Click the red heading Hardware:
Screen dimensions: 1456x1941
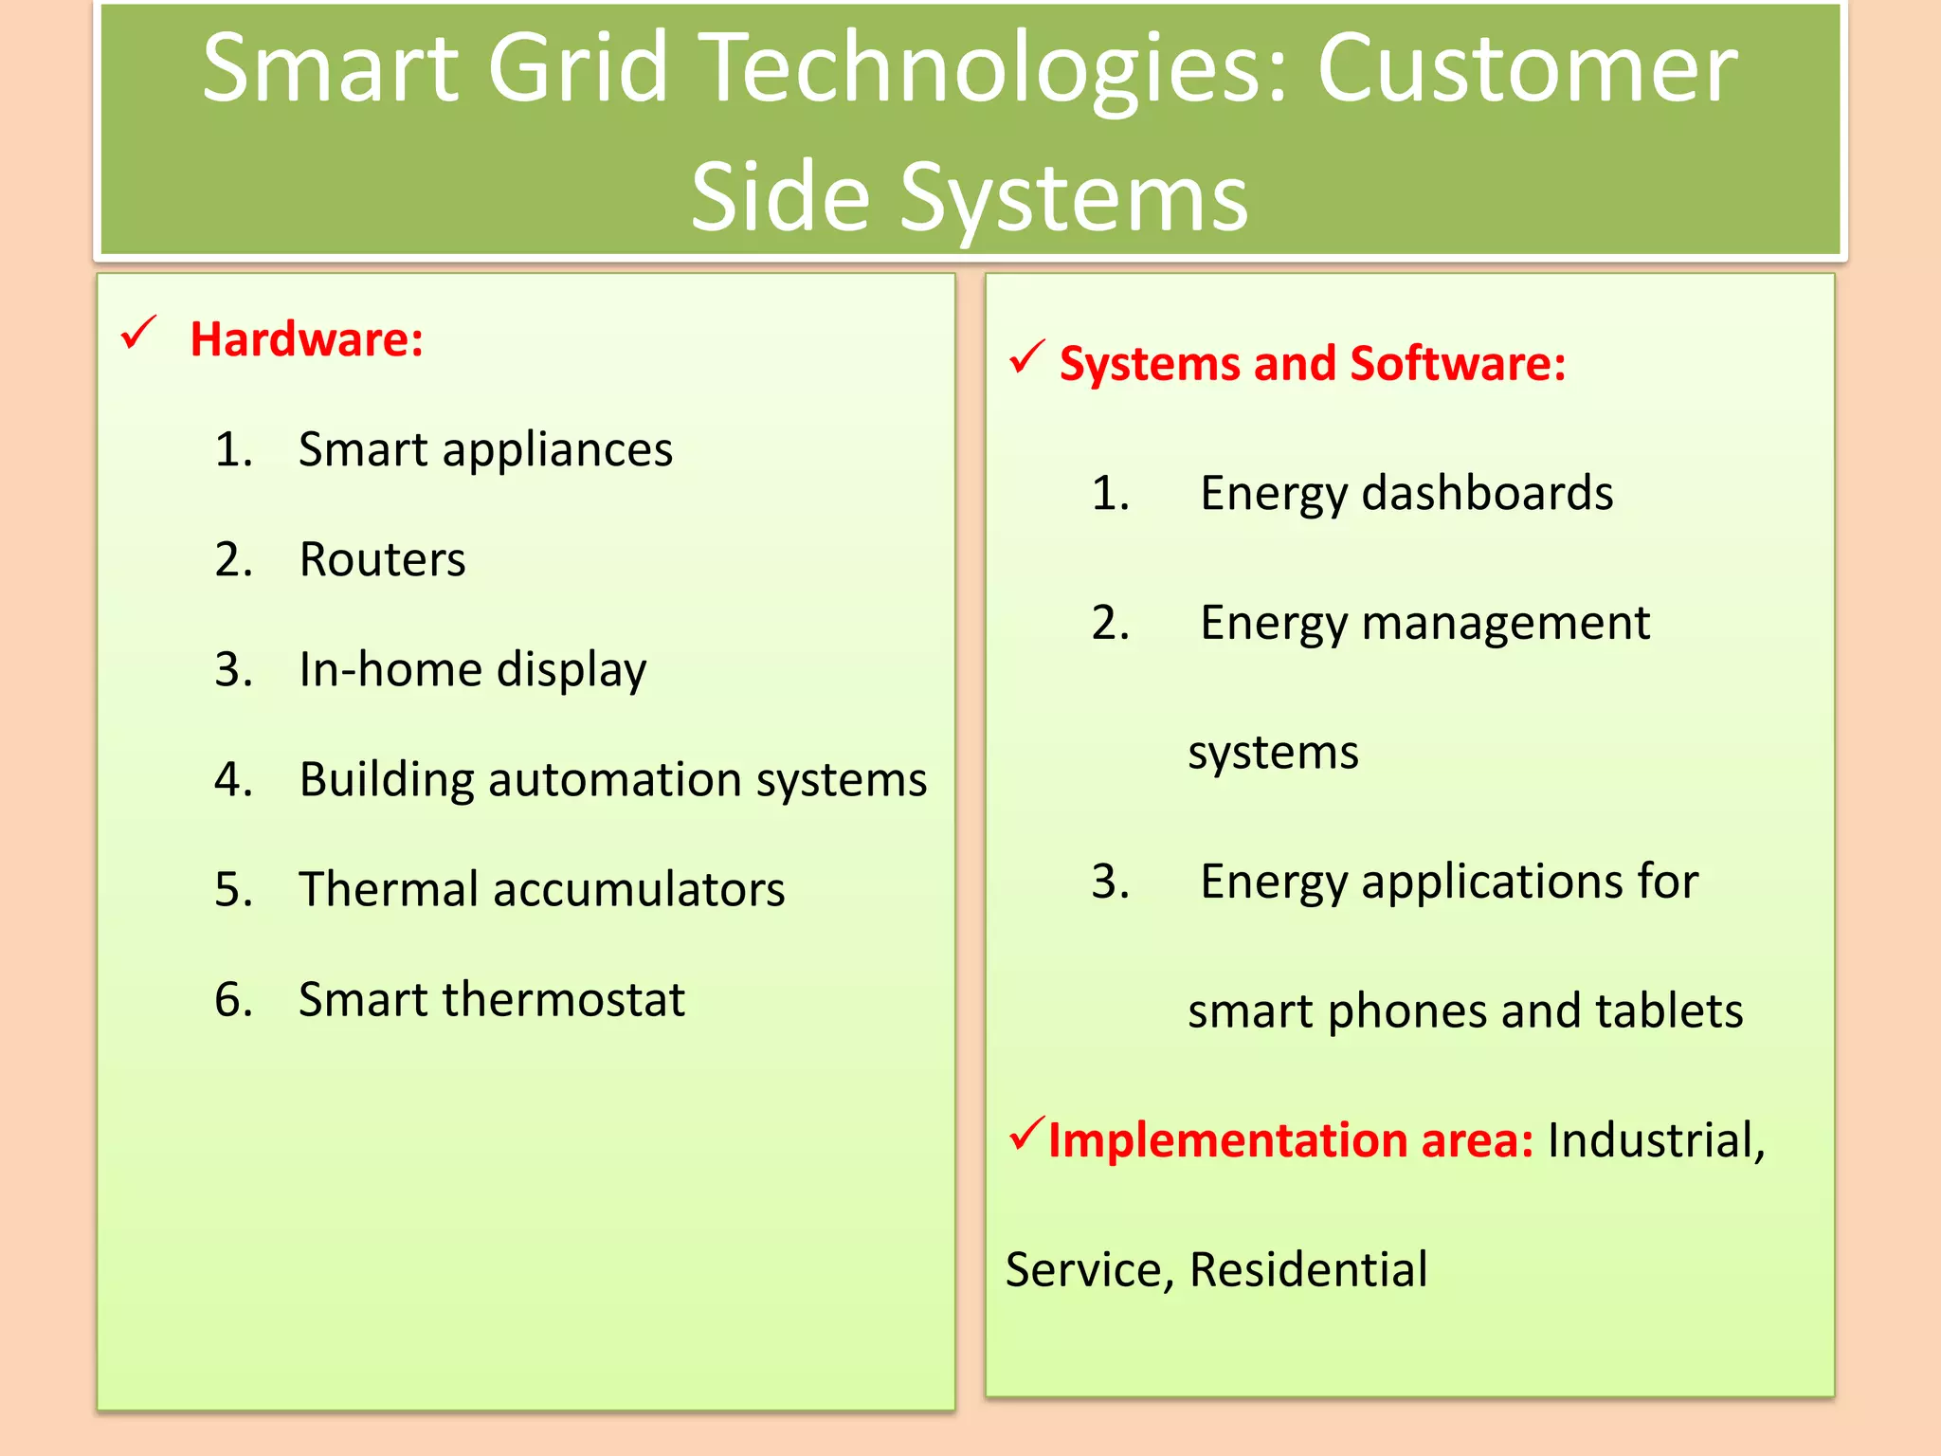306,339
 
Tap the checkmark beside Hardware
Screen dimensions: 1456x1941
138,334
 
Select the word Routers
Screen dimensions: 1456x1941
382,559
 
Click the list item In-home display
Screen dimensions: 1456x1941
472,670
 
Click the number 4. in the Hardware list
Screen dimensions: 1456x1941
233,779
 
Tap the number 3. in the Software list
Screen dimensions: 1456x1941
1110,882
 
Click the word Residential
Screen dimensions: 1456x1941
1308,1270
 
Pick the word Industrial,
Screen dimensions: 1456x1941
1656,1140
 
